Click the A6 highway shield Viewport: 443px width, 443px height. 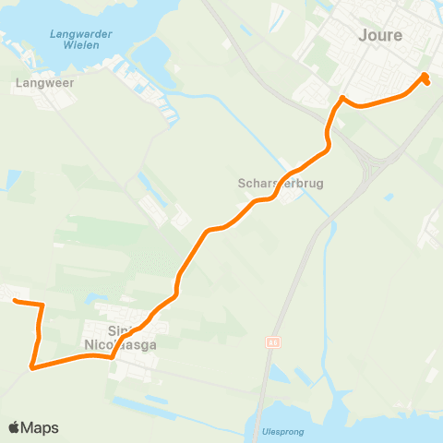click(x=273, y=342)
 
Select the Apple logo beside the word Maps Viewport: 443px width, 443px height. click(x=15, y=427)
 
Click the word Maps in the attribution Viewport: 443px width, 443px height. click(x=41, y=427)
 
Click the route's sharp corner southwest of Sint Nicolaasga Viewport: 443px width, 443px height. click(x=33, y=367)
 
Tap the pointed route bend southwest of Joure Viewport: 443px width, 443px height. click(x=341, y=99)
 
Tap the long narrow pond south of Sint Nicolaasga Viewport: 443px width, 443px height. click(x=138, y=402)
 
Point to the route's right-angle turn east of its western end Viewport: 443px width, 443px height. click(x=42, y=304)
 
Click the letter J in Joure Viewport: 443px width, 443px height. click(x=362, y=35)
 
